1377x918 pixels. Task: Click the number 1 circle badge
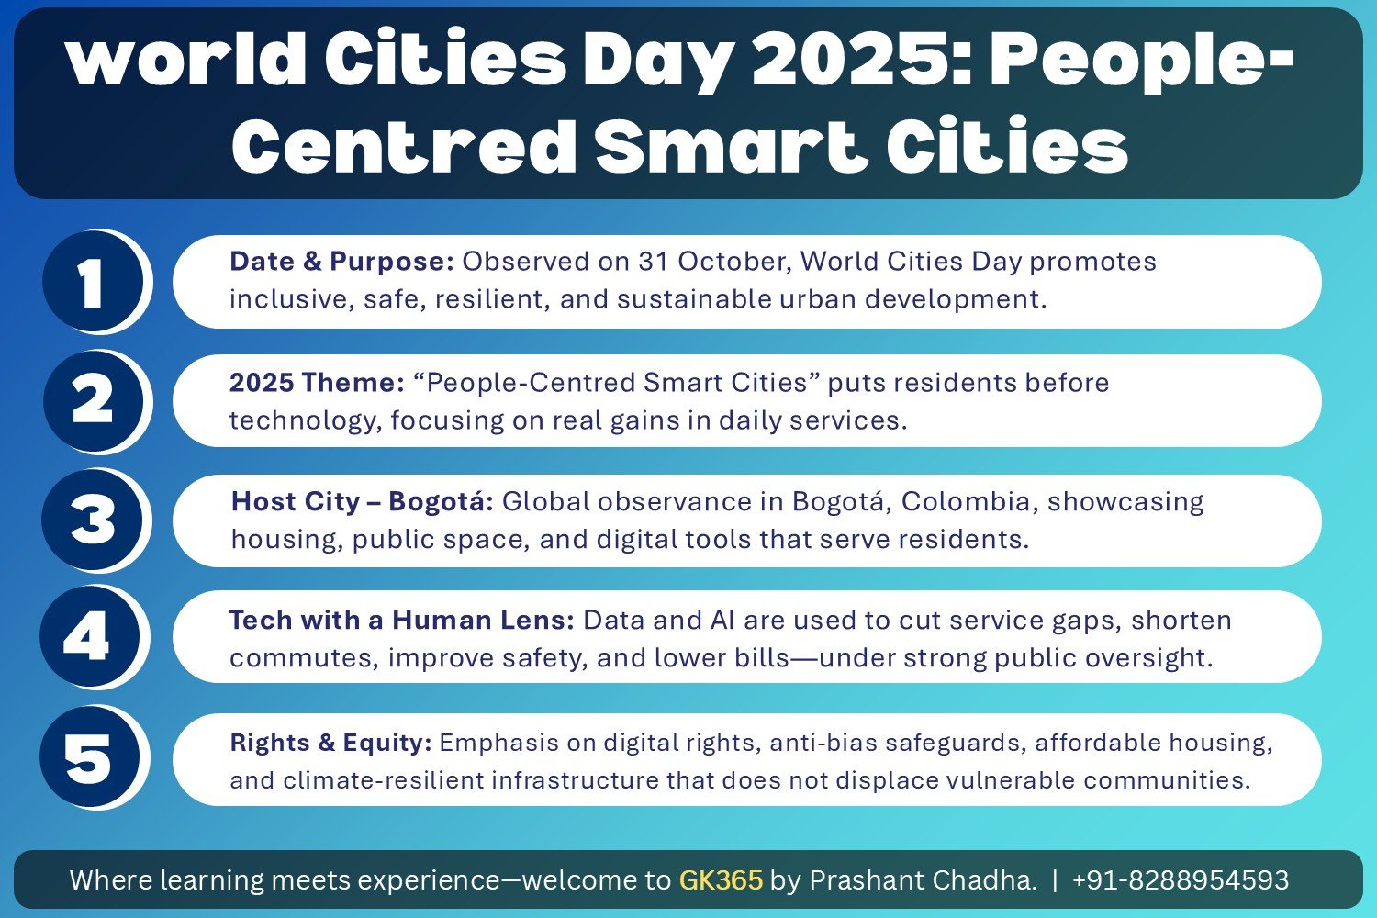(92, 282)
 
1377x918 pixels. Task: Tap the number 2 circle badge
(92, 401)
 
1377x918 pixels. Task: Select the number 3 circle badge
(92, 520)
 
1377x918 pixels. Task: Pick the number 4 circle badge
(89, 637)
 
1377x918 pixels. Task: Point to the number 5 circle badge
(89, 757)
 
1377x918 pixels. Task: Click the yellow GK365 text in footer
(721, 880)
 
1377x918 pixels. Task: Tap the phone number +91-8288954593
(1180, 880)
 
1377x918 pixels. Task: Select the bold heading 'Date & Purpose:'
(341, 262)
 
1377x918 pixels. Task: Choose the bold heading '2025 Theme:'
(317, 383)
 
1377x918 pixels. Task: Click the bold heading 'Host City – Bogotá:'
(363, 502)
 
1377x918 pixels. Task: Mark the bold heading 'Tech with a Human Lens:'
(401, 621)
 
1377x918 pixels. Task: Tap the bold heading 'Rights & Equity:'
(330, 743)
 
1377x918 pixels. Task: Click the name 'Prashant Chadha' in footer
(923, 880)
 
